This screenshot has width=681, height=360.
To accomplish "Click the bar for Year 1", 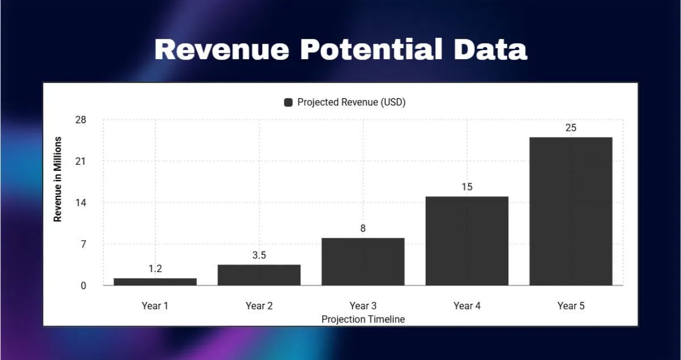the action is (155, 282).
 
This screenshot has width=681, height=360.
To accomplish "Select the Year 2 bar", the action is (259, 275).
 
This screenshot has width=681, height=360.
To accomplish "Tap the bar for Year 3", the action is (363, 262).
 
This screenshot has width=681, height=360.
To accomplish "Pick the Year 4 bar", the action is (467, 241).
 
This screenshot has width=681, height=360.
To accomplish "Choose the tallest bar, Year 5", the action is (571, 211).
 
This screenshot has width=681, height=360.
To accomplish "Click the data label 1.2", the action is (155, 269).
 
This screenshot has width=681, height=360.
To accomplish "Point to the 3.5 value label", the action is (259, 256).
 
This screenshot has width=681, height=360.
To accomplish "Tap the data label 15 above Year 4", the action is (467, 187).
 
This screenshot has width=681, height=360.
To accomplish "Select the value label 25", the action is (571, 128).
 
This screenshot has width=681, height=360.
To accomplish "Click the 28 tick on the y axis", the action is (81, 120).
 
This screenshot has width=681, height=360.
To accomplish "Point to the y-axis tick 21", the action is (81, 161).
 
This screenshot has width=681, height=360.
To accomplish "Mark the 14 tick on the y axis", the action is (81, 203).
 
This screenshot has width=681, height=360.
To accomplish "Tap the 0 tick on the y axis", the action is (83, 286).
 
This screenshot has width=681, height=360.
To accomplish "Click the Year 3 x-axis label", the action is (363, 306).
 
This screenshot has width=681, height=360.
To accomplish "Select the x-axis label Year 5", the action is (571, 306).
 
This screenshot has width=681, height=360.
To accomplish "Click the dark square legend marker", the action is (288, 103).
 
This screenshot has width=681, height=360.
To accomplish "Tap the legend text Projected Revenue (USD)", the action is (351, 102).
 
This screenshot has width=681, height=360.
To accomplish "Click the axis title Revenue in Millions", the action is (57, 179).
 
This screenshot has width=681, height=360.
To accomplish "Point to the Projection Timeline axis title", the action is (363, 319).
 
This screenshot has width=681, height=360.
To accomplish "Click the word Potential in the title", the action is (371, 49).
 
